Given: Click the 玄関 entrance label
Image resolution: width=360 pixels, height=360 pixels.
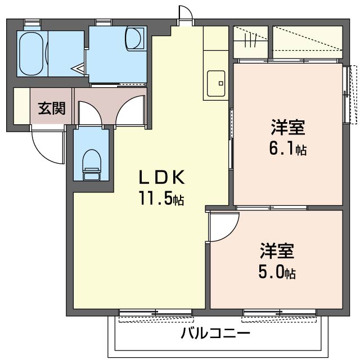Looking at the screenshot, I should [51, 109].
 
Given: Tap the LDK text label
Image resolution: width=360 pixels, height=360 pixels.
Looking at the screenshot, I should [162, 178].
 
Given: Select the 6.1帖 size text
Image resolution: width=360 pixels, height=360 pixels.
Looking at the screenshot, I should [289, 150].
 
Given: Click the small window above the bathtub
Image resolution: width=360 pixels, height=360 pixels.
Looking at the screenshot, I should [32, 23].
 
